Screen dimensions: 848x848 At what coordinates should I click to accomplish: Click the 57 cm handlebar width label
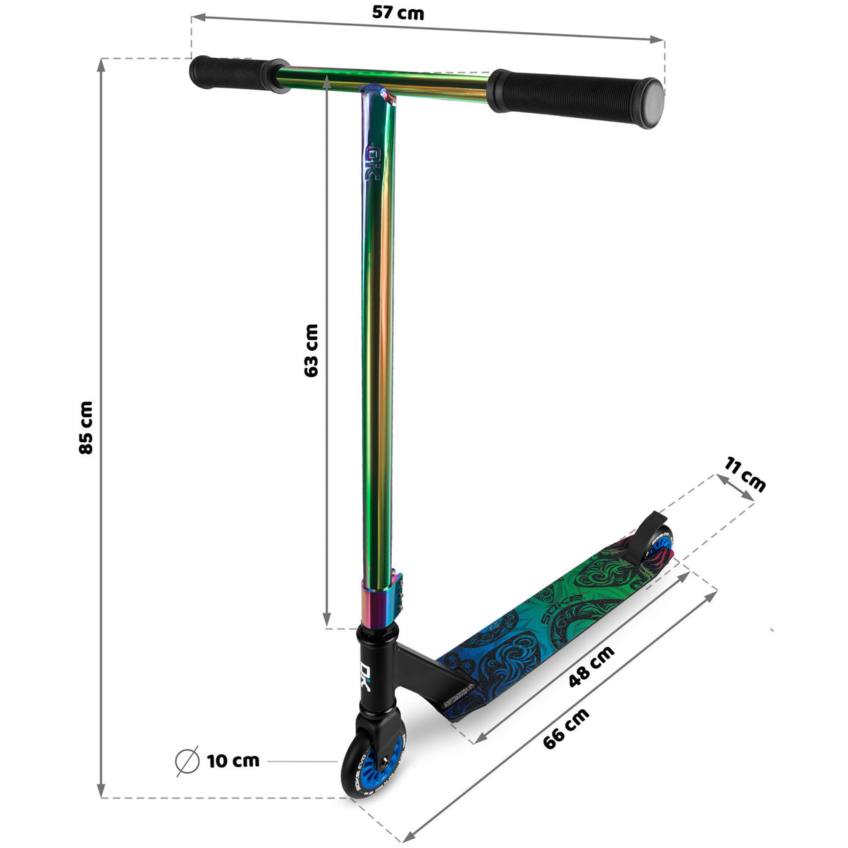[x=397, y=13]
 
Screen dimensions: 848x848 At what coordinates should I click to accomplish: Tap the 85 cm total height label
[x=86, y=427]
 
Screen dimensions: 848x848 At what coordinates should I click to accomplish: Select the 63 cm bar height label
[x=312, y=350]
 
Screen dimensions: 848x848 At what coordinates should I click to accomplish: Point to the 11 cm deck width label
[x=745, y=474]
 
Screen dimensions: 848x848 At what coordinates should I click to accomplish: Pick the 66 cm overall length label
[x=566, y=728]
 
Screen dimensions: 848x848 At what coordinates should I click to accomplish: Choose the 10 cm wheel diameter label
[x=233, y=761]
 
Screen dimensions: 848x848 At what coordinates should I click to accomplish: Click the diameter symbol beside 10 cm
[x=187, y=761]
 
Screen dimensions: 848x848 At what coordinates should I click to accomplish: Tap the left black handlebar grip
[x=230, y=73]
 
